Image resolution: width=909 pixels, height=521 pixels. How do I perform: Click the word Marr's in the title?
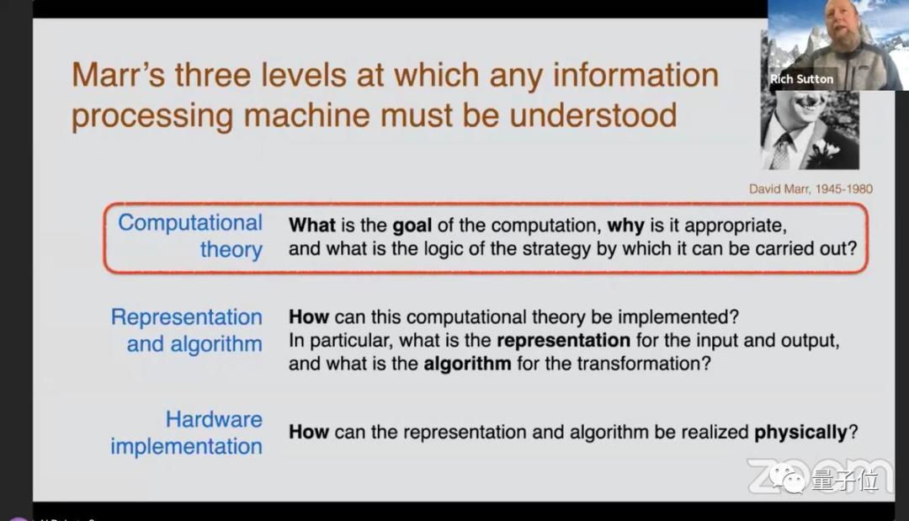pos(119,75)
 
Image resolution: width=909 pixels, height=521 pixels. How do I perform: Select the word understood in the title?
pos(593,114)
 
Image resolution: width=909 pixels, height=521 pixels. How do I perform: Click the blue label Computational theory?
pos(190,236)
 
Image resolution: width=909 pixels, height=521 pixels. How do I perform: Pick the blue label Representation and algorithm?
pos(187,330)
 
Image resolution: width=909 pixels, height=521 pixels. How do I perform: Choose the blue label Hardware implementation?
pos(187,433)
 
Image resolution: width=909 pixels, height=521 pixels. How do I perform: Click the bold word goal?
pos(412,226)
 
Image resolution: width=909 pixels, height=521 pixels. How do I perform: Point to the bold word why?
pos(625,226)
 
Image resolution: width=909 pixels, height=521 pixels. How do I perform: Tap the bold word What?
pos(312,225)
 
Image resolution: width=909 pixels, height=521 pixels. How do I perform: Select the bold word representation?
pos(563,340)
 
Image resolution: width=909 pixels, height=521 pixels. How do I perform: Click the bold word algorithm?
pos(467,364)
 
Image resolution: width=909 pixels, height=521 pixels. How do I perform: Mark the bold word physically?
pos(800,433)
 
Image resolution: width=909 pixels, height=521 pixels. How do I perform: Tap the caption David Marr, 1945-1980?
pos(811,189)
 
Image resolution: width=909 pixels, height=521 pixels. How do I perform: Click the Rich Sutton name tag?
pos(802,79)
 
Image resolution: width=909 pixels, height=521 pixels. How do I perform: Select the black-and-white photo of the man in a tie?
pos(810,130)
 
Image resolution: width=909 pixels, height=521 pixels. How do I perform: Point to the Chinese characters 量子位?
pos(845,480)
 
